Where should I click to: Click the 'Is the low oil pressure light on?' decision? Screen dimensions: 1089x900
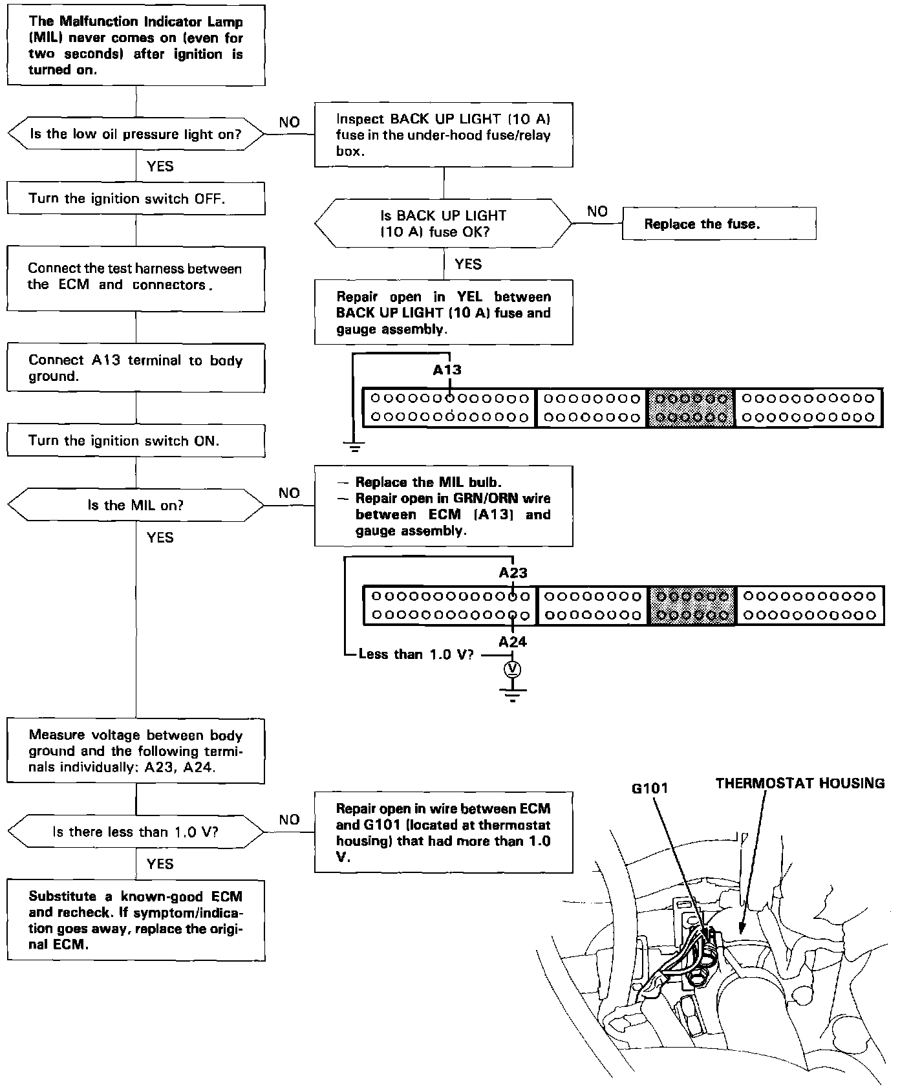[x=136, y=135]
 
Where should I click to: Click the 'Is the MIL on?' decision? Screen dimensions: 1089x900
[x=136, y=505]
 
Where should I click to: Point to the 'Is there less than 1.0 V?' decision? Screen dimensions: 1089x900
[x=136, y=832]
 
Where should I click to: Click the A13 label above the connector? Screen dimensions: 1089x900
[x=447, y=370]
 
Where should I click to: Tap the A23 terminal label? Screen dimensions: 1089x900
[x=513, y=572]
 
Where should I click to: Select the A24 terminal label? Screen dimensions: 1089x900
[x=513, y=642]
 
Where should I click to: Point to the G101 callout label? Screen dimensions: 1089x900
[x=650, y=788]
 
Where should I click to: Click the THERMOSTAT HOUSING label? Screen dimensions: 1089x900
[x=800, y=783]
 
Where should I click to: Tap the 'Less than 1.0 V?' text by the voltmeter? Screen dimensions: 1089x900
[x=416, y=654]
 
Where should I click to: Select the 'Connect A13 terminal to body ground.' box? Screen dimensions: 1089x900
[x=136, y=369]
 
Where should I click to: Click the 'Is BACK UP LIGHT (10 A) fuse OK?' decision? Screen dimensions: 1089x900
[x=444, y=224]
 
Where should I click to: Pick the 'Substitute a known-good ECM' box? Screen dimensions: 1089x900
[x=136, y=920]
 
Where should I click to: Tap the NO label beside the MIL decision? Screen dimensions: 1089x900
[x=289, y=493]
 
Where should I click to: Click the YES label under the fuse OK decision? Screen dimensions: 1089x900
[x=468, y=264]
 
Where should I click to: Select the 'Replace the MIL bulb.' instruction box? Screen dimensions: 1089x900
[x=444, y=506]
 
